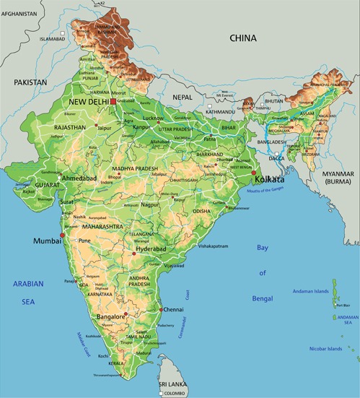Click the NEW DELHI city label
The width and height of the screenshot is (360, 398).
(87, 103)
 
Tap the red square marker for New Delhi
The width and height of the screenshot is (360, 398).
(113, 102)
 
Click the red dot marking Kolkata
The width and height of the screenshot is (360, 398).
(253, 175)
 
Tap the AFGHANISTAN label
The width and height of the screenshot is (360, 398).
(19, 14)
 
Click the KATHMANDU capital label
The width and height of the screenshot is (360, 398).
(220, 112)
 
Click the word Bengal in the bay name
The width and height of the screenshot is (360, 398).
(262, 298)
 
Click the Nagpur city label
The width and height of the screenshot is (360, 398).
(149, 205)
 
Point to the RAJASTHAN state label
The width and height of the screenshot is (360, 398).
(70, 127)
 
